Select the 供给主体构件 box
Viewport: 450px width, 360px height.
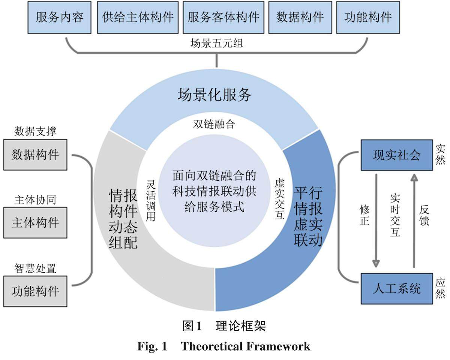point(138,18)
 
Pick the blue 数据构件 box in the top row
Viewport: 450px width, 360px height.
point(300,18)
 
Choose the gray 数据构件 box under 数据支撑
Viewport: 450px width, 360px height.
point(35,154)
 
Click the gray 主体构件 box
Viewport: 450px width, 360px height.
point(35,222)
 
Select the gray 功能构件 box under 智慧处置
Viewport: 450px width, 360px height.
point(35,291)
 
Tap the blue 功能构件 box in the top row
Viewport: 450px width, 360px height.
point(368,18)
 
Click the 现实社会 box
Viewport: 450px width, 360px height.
point(396,155)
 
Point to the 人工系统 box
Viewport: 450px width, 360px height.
point(396,288)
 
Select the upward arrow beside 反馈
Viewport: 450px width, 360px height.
point(414,221)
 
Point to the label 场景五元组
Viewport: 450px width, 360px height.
point(217,43)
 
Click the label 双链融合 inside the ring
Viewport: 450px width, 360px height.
point(214,124)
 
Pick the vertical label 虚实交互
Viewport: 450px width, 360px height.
point(279,199)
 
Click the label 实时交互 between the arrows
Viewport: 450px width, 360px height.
point(395,215)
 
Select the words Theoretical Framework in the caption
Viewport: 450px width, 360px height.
point(246,346)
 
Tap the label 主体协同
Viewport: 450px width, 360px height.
point(35,200)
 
